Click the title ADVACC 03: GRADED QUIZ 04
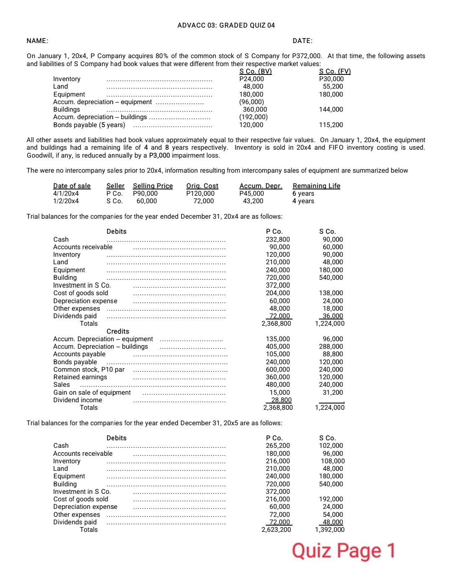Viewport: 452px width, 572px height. [226, 26]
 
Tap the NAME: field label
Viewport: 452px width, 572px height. [37, 41]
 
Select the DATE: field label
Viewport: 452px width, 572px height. [302, 41]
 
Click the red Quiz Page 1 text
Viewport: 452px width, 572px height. [343, 551]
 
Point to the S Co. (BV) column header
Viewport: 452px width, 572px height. [255, 71]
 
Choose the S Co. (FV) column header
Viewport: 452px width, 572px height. [335, 71]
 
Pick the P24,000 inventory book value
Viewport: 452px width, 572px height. [252, 79]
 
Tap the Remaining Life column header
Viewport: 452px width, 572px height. [316, 186]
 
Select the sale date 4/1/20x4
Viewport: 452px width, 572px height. [66, 194]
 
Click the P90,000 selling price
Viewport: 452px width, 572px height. [145, 194]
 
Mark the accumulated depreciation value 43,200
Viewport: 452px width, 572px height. [253, 201]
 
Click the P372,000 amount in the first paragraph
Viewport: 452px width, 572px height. [307, 56]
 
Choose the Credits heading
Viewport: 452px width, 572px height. [118, 332]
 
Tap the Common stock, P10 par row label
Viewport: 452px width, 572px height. [89, 370]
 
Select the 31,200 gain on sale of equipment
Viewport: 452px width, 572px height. [333, 393]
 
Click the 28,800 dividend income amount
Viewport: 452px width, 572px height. [281, 400]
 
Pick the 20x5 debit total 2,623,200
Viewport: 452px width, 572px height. [276, 530]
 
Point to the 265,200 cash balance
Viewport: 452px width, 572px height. [278, 446]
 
